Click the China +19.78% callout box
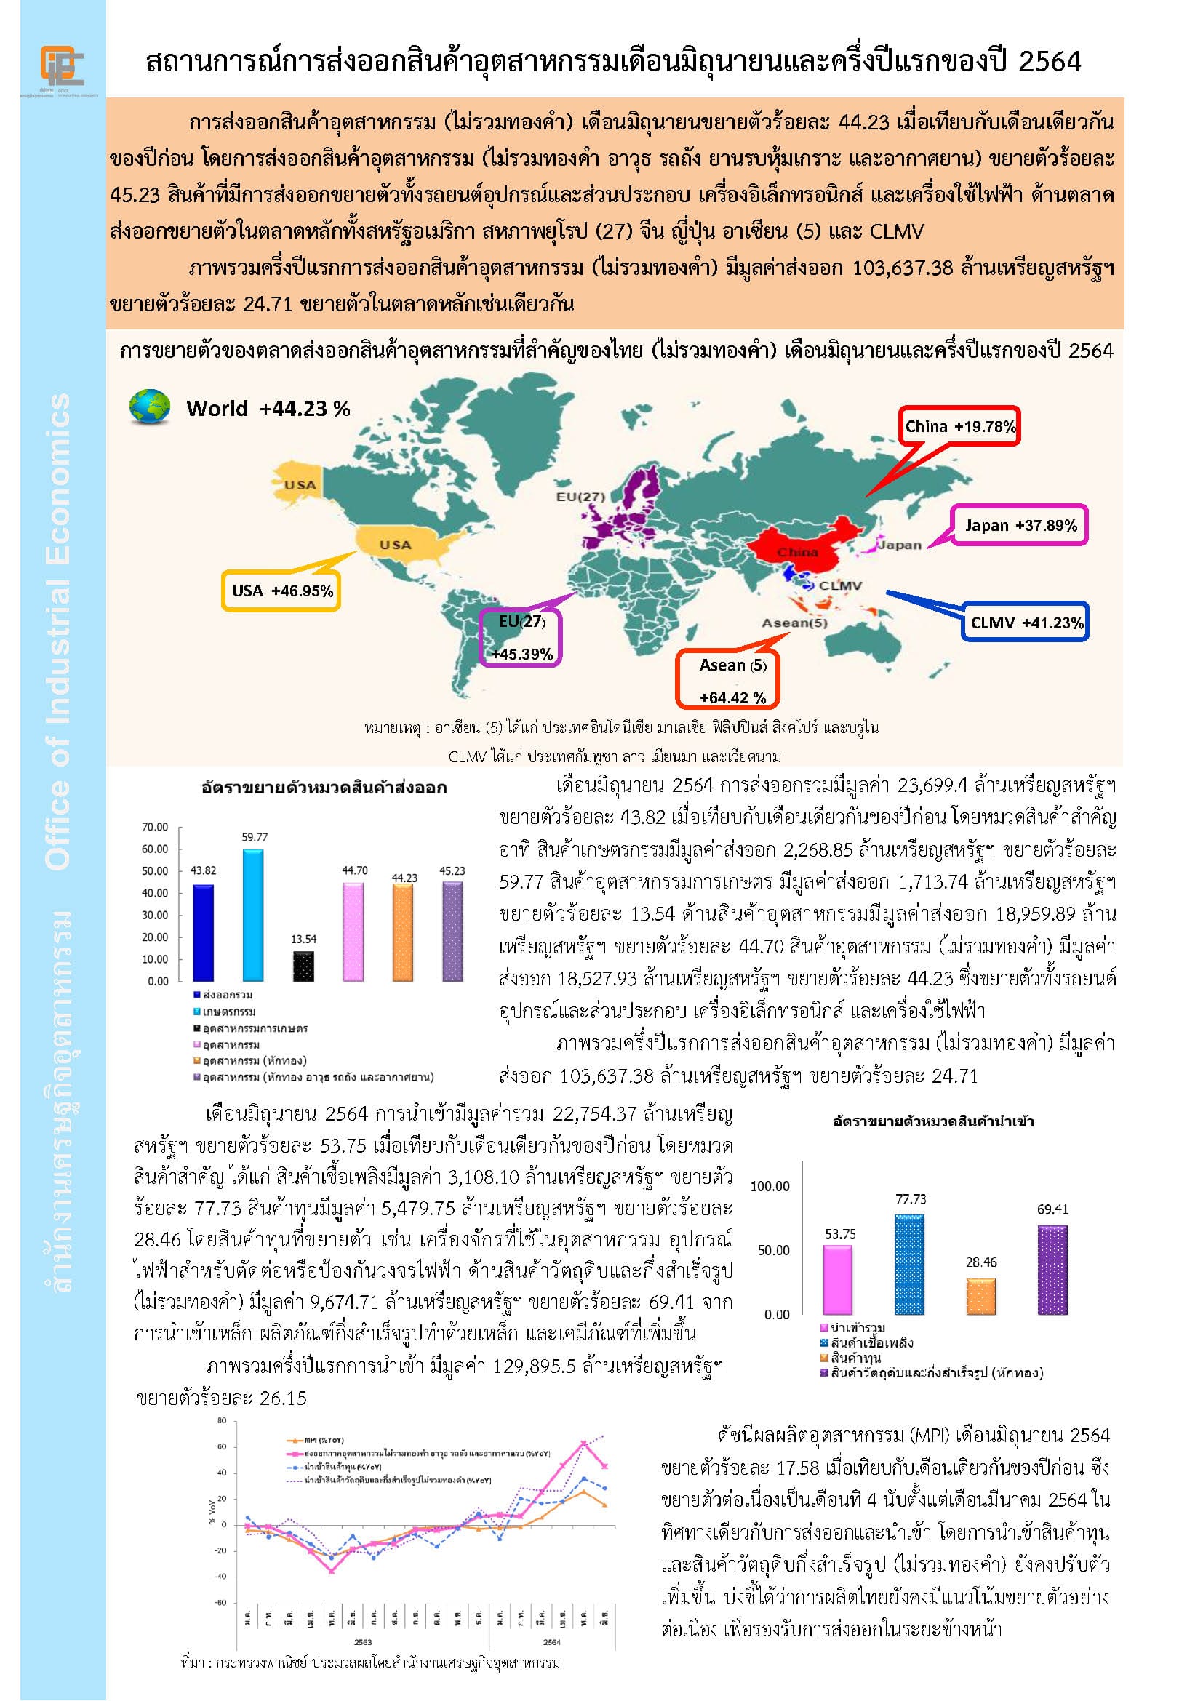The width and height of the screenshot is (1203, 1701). coord(959,426)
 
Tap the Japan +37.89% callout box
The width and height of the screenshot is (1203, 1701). coord(1020,526)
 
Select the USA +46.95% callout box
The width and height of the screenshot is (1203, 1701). coord(282,591)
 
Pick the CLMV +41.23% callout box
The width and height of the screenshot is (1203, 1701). coord(1026,623)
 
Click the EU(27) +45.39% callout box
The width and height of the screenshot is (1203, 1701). coord(521,638)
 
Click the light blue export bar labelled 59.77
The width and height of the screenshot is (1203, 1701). coord(253,915)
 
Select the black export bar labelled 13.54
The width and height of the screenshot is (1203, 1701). coord(304,966)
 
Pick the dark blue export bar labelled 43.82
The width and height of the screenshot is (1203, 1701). coord(203,933)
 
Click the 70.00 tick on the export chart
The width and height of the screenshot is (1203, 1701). coord(155,827)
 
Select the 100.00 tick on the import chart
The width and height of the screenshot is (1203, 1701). coord(770,1186)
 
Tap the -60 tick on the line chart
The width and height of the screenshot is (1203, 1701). coord(221,1604)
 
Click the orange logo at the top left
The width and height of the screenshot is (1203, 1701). coord(63,65)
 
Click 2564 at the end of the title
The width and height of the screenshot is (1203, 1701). coord(1049,63)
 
